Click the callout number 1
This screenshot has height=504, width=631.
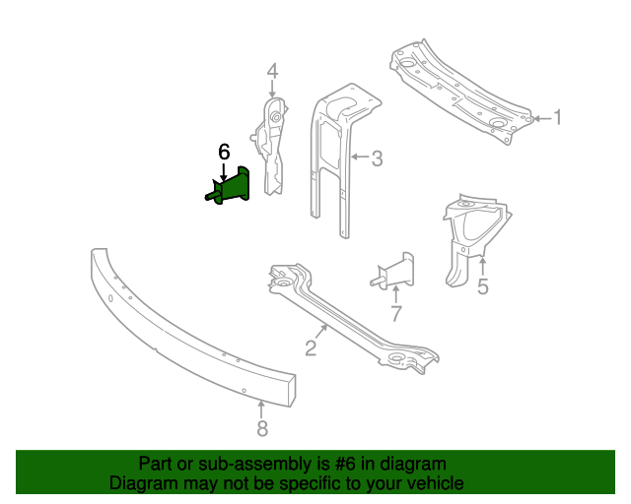(x=557, y=118)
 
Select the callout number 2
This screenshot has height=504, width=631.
(x=310, y=347)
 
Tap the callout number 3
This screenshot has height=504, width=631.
(x=377, y=157)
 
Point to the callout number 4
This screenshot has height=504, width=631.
(x=272, y=71)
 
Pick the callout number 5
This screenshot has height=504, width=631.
(x=482, y=287)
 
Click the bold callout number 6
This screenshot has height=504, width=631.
(x=224, y=152)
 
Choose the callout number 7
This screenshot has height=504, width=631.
(x=395, y=314)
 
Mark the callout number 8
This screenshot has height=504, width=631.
(x=261, y=428)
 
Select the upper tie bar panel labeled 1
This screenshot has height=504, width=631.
(x=459, y=92)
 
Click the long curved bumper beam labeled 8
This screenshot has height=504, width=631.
(x=187, y=325)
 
